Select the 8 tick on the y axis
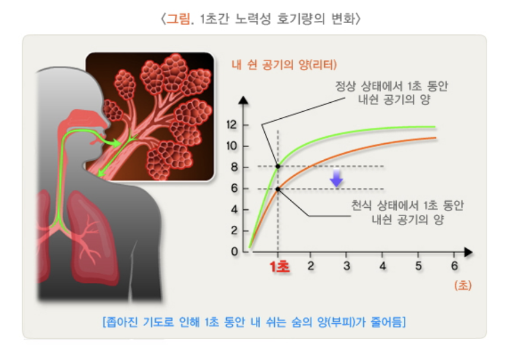[x=234, y=168]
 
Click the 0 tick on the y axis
[x=234, y=251]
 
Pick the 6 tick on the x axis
[x=454, y=266]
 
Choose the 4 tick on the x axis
[x=382, y=266]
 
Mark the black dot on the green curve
[x=278, y=166]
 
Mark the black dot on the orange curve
[x=278, y=189]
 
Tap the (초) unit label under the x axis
[x=463, y=285]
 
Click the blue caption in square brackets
[x=254, y=323]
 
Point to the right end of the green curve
[x=435, y=127]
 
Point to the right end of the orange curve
[x=435, y=138]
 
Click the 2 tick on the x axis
[x=311, y=266]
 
